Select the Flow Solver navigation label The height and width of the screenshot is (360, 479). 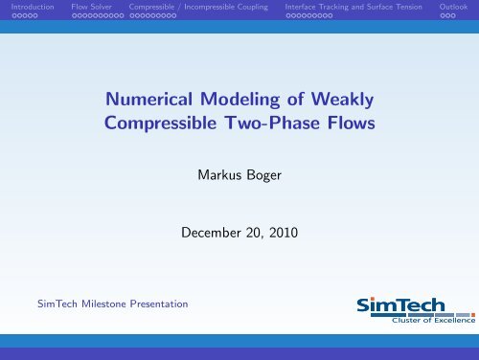click(93, 7)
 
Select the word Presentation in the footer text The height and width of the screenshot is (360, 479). click(159, 303)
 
